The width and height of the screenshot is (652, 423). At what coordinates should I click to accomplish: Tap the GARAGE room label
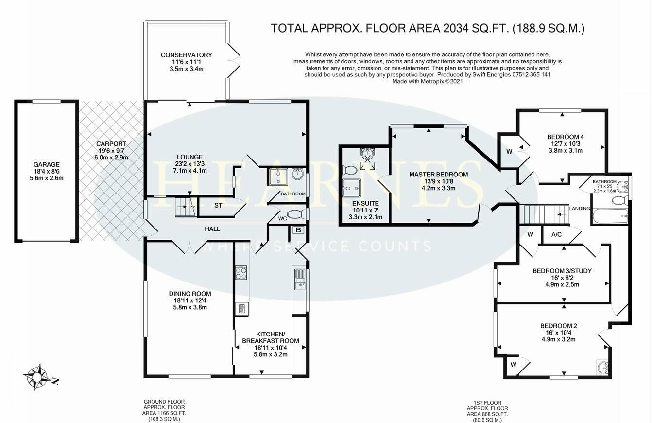pos(47,165)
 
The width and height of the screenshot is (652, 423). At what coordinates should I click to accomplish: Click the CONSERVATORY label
pos(186,55)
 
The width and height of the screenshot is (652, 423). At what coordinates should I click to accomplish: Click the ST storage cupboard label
pos(218,206)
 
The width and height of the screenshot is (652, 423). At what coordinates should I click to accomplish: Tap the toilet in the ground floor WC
pos(296,214)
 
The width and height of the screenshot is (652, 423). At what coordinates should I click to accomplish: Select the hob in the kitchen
pos(241,273)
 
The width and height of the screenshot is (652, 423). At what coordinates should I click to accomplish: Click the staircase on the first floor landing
pos(539,213)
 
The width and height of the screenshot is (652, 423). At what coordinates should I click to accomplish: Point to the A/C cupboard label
pos(556,234)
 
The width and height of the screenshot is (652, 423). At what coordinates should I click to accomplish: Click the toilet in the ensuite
pos(349,170)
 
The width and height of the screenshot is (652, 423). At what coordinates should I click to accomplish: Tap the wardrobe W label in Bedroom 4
pos(509,151)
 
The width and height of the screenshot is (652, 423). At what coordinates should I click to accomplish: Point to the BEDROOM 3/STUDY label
pos(562,271)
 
